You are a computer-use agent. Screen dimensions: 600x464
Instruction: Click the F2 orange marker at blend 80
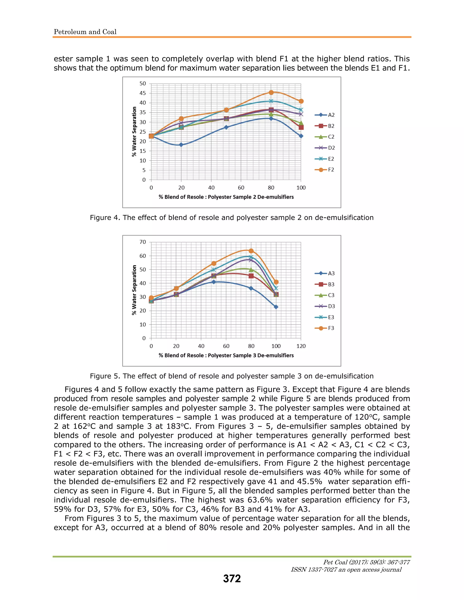tap(271, 92)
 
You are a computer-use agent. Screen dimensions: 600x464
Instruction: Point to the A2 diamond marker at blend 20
tap(181, 145)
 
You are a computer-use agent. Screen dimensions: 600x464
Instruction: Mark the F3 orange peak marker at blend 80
tap(251, 251)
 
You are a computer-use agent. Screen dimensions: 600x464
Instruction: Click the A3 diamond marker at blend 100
tap(276, 307)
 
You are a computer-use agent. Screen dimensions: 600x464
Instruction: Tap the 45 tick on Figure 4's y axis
tap(143, 93)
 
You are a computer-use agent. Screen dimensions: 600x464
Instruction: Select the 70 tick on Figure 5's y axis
tap(143, 242)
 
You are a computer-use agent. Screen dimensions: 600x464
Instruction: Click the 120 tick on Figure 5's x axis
tap(301, 346)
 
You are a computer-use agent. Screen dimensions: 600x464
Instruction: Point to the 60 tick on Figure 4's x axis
tap(241, 188)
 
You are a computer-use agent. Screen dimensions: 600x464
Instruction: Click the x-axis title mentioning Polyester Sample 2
tap(226, 197)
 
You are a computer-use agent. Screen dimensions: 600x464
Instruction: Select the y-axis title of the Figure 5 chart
tap(134, 290)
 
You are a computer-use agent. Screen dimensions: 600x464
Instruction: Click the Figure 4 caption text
tap(232, 218)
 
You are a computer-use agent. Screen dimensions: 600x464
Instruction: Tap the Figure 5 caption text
tap(232, 376)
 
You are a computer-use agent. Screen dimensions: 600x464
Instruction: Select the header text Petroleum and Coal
tap(85, 32)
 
